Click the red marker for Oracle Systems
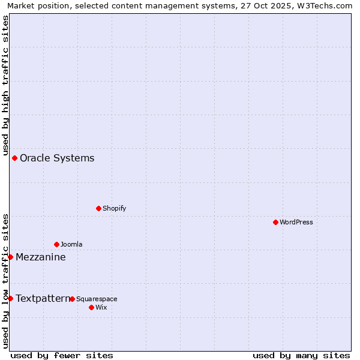pos(15,158)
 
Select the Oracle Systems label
pos(57,158)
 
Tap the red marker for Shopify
pos(99,208)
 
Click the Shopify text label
pos(114,209)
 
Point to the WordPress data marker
pos(276,222)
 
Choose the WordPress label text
pos(296,223)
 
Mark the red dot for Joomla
pos(57,244)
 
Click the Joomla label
pos(71,245)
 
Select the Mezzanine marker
pos(10,257)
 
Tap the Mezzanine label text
pos(41,257)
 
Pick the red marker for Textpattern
pos(10,298)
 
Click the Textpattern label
pos(43,299)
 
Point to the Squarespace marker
pos(73,299)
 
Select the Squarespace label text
pos(97,299)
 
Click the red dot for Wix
pos(92,307)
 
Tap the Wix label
pos(101,308)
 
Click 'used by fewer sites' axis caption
pos(62,355)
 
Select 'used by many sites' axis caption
pos(301,355)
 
